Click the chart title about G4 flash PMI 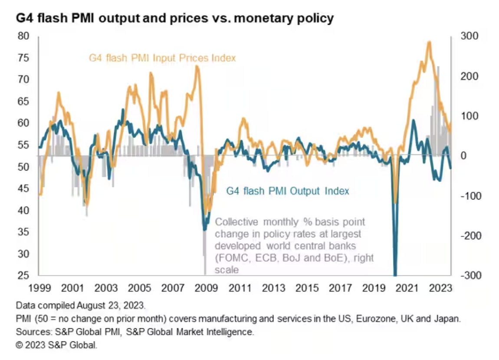(175, 19)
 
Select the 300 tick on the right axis (469, 36)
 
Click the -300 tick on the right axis (468, 275)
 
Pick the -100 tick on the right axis (468, 196)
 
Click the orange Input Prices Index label (162, 58)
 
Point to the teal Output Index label (288, 191)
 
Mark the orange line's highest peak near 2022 (429, 42)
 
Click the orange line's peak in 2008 (197, 66)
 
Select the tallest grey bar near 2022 (438, 67)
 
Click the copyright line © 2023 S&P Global (57, 345)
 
